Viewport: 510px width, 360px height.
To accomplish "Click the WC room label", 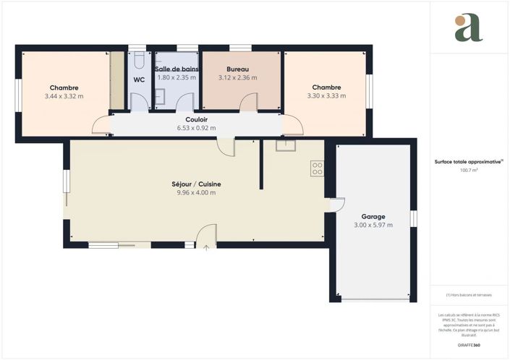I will tap(139, 80).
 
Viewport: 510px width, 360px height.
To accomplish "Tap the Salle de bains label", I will tap(177, 68).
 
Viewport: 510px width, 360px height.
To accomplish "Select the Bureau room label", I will tap(239, 68).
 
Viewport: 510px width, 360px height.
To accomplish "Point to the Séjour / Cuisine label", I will tap(196, 184).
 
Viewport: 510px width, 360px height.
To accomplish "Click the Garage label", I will tap(373, 216).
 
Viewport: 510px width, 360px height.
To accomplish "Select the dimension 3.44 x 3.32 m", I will tap(64, 95).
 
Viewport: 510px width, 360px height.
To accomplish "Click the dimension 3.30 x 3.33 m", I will tap(326, 95).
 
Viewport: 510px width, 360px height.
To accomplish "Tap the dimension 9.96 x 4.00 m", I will tap(196, 193).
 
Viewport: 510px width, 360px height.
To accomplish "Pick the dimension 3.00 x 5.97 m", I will tap(373, 226).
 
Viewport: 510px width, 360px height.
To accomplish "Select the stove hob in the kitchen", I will tap(317, 168).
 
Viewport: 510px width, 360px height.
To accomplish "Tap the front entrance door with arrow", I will tap(207, 236).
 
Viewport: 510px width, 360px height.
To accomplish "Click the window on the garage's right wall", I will tap(414, 218).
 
